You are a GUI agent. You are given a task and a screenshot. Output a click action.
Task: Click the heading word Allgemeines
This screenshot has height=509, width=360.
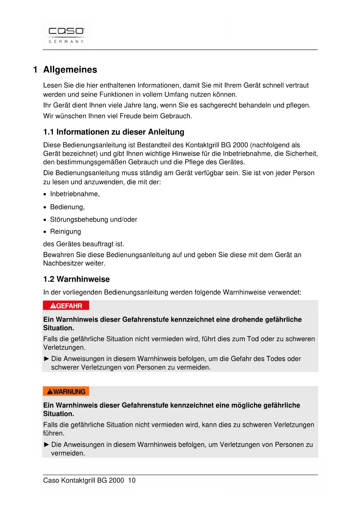[70, 70]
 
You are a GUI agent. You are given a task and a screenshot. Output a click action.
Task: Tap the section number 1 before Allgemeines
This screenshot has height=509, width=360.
[35, 70]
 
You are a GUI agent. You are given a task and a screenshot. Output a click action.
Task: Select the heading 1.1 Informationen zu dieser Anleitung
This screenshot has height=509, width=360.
[114, 132]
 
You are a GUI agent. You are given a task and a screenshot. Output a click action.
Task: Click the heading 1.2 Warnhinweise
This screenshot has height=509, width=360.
[77, 279]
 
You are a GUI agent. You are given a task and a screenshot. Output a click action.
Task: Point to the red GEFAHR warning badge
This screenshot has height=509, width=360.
[66, 306]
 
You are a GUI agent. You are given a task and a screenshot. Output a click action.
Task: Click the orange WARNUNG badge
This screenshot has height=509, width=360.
[66, 391]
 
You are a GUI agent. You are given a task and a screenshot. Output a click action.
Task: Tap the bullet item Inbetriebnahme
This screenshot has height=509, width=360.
[75, 194]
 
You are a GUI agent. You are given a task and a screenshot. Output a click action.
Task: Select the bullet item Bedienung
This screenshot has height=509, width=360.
[67, 207]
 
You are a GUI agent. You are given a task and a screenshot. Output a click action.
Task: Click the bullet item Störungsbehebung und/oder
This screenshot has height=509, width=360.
[93, 220]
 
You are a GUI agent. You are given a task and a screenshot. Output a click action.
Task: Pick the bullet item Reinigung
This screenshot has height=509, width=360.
[66, 232]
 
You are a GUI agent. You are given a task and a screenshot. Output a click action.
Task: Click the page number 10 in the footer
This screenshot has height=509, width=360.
[132, 481]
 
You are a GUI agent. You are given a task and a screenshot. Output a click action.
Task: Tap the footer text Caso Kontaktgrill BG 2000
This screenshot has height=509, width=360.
[84, 481]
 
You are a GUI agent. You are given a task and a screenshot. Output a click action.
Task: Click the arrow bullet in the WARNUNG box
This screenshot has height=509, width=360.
[46, 445]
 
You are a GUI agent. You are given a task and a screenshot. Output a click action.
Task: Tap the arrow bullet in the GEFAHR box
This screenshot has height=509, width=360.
[46, 359]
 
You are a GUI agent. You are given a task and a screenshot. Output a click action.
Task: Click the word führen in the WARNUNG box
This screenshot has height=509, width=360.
[53, 433]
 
